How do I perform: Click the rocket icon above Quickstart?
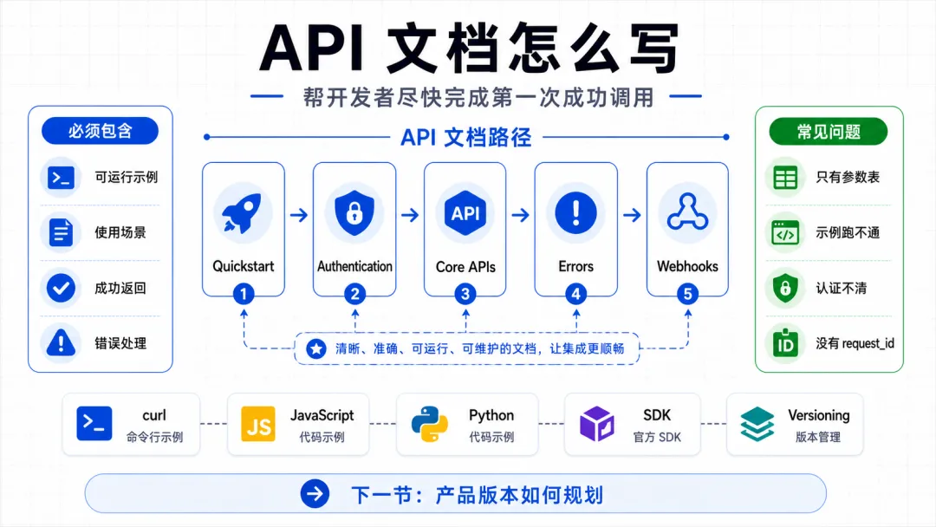tap(243, 213)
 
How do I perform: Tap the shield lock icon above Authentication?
tap(354, 212)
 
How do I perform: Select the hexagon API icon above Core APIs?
tap(465, 213)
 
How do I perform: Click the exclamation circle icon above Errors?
tap(576, 212)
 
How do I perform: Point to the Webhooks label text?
tap(687, 266)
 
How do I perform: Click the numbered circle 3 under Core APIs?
tap(465, 294)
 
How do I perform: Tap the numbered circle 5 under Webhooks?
tap(687, 294)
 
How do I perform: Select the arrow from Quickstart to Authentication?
tap(299, 214)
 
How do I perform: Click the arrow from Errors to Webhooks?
tap(632, 214)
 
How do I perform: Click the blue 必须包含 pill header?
tap(100, 131)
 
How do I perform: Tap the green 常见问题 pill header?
tap(829, 131)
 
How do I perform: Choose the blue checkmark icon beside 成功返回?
tap(61, 288)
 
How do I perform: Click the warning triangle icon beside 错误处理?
tap(61, 342)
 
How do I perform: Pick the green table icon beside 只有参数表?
tap(785, 178)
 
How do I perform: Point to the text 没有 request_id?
tap(855, 343)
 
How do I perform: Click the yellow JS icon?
tap(258, 425)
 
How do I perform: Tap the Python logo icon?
tap(430, 425)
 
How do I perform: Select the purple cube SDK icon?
tap(597, 424)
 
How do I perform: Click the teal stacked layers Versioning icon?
tap(757, 425)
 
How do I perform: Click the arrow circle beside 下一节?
tap(315, 493)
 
